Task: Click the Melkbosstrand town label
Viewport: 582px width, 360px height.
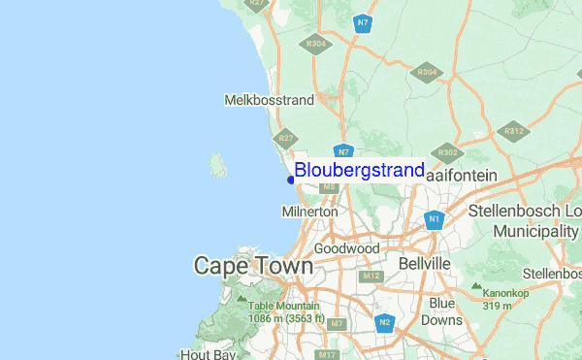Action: pos(270,100)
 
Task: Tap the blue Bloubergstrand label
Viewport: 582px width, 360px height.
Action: pos(359,171)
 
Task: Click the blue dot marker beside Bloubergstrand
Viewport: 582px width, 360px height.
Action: pos(291,180)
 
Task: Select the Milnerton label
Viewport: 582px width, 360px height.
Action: pos(309,211)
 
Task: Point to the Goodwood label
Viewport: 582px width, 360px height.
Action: pos(346,248)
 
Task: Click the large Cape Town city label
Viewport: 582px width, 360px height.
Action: pos(253,265)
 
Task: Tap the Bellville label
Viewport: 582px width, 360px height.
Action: pos(425,264)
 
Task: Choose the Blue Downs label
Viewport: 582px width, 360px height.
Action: pos(445,311)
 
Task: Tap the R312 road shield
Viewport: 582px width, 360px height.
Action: pos(513,131)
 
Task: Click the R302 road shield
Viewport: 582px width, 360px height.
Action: pos(447,152)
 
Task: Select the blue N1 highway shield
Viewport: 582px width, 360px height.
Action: pos(435,220)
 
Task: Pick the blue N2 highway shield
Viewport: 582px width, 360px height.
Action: pos(384,322)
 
